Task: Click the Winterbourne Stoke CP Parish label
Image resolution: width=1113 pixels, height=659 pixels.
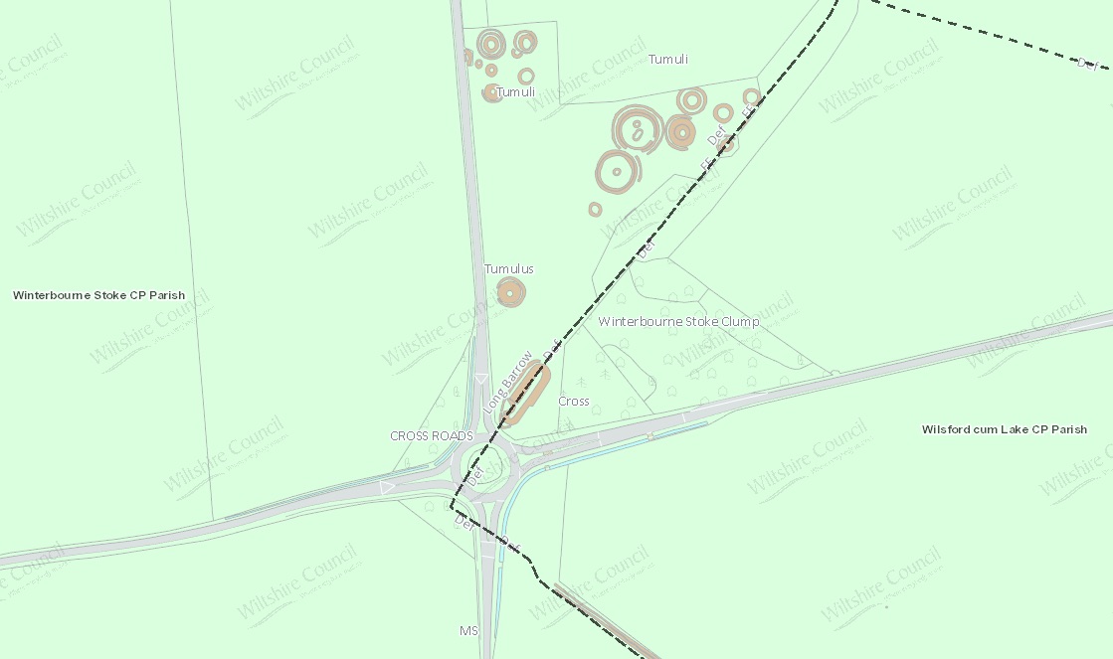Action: pyautogui.click(x=98, y=295)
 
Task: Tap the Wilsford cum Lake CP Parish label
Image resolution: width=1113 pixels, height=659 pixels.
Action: pyautogui.click(x=1004, y=429)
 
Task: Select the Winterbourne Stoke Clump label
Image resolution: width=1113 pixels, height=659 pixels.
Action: pyautogui.click(x=678, y=322)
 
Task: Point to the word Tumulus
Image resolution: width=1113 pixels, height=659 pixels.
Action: pyautogui.click(x=509, y=269)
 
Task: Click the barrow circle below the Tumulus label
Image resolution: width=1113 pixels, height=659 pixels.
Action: pyautogui.click(x=510, y=292)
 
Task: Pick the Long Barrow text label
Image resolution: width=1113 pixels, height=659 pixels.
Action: pyautogui.click(x=507, y=382)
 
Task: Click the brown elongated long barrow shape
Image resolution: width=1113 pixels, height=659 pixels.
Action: pyautogui.click(x=526, y=394)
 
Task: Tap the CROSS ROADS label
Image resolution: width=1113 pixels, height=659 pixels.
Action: pyautogui.click(x=432, y=436)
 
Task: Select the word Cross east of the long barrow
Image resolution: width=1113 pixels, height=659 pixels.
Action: pyautogui.click(x=574, y=402)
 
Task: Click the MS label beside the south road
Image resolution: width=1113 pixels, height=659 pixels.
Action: pyautogui.click(x=468, y=631)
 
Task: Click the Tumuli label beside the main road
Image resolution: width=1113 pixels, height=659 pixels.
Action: pyautogui.click(x=516, y=92)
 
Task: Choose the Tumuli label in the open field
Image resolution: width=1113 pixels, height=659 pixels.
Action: pyautogui.click(x=668, y=60)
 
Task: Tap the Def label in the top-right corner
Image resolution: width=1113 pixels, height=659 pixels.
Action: pyautogui.click(x=1088, y=64)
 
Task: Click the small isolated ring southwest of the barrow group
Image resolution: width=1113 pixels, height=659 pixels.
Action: pyautogui.click(x=595, y=209)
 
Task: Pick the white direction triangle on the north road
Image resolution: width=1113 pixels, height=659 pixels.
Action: pyautogui.click(x=480, y=379)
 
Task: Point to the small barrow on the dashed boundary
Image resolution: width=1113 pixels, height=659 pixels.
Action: pyautogui.click(x=726, y=145)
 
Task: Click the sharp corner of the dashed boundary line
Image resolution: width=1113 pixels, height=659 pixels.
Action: pyautogui.click(x=454, y=507)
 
